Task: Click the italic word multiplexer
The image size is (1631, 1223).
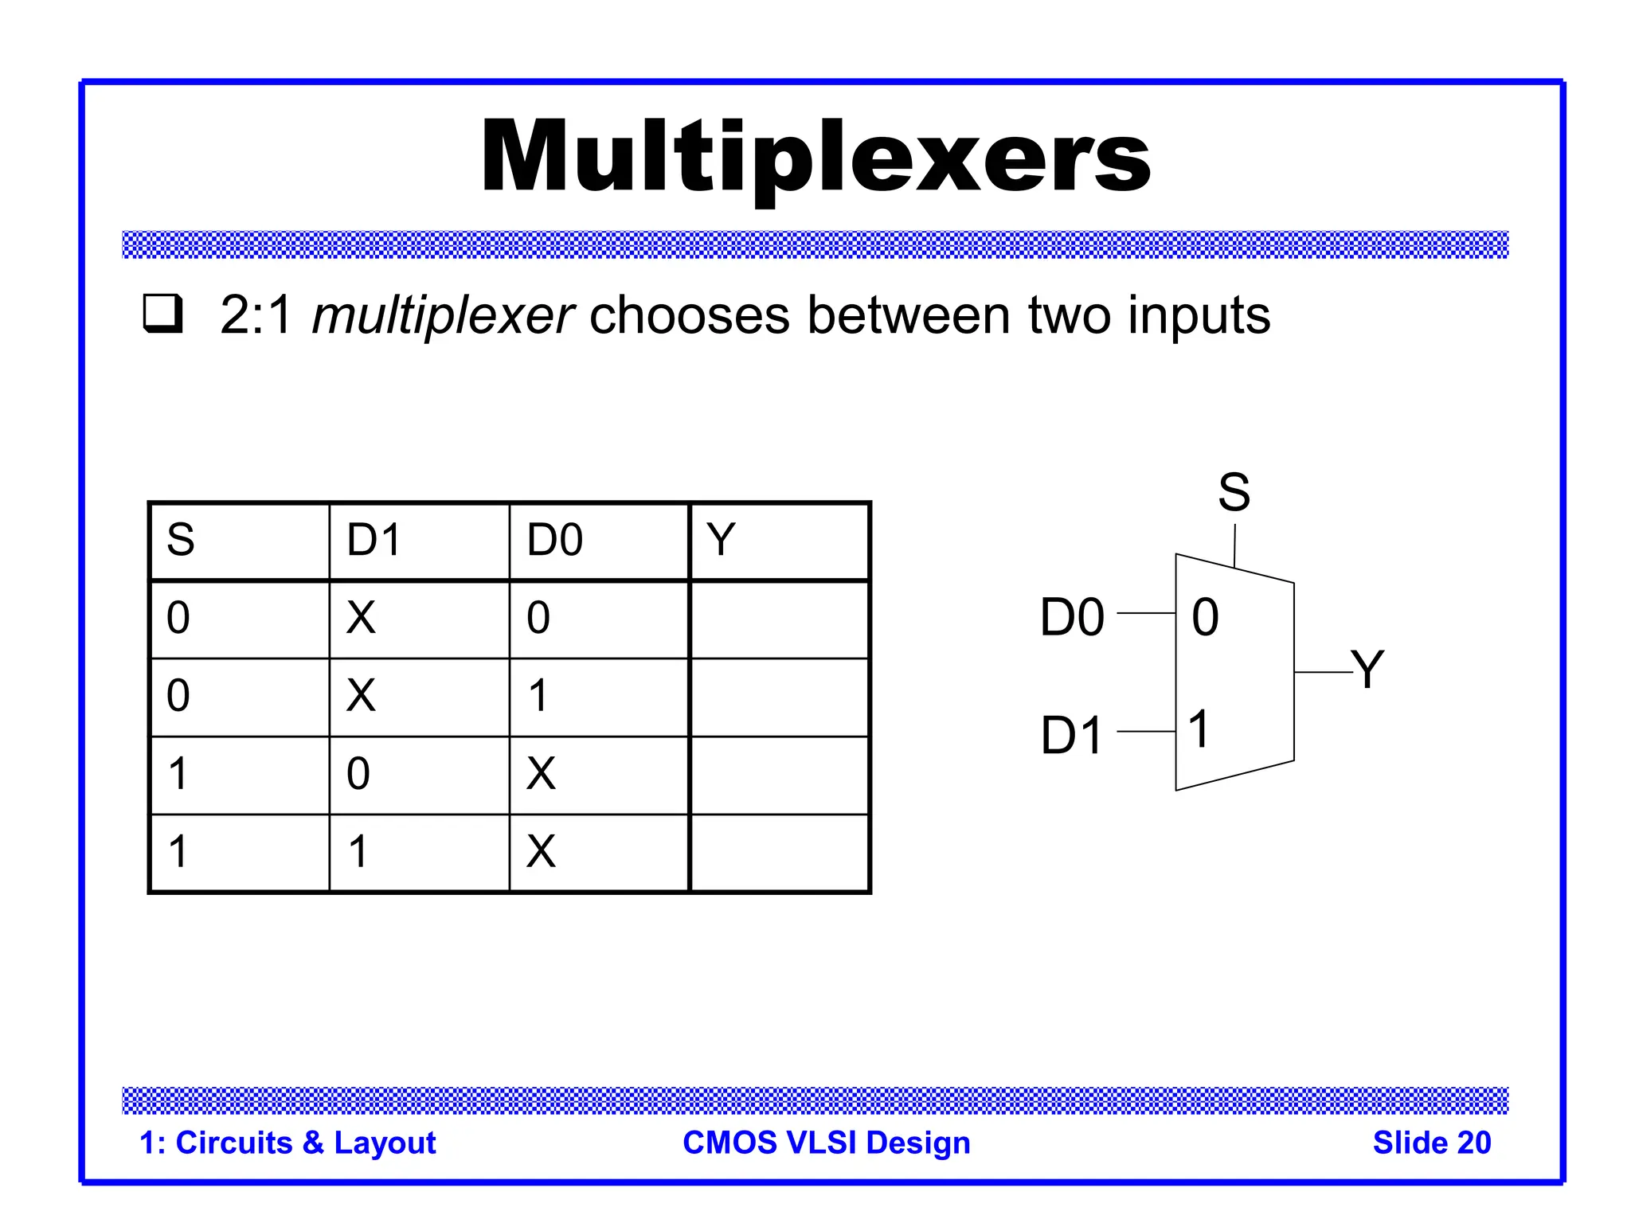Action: click(443, 316)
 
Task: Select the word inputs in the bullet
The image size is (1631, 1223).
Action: click(1199, 316)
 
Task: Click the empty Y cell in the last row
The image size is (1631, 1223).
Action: click(779, 852)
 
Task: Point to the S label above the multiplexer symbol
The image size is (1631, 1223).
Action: click(1234, 492)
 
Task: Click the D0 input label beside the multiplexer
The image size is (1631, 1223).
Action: click(1072, 617)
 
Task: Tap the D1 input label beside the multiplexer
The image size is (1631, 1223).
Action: click(1072, 735)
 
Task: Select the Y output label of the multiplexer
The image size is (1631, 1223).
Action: click(1367, 669)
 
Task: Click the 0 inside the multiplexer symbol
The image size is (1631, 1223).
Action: click(1205, 617)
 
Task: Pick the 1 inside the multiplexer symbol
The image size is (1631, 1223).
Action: click(1199, 729)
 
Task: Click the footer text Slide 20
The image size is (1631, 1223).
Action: click(1431, 1143)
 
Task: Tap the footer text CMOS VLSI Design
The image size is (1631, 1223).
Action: click(827, 1143)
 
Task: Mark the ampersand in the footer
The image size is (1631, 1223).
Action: click(313, 1143)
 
